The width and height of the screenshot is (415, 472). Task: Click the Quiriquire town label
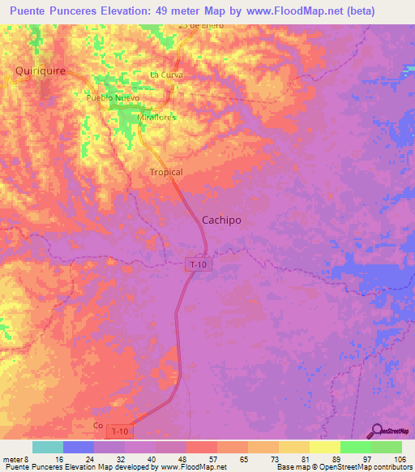[40, 71]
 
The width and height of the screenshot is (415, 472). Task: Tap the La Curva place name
[167, 75]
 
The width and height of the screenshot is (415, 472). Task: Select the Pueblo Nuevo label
[113, 97]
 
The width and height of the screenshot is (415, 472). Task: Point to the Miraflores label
[156, 117]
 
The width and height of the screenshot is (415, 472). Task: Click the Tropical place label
[166, 172]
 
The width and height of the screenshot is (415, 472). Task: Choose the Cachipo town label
[220, 220]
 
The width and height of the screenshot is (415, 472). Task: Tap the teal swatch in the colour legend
[48, 447]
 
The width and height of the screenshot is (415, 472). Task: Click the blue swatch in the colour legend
[79, 447]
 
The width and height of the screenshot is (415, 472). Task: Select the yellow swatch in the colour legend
[325, 447]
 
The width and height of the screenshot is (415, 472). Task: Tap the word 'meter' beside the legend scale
[13, 459]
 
